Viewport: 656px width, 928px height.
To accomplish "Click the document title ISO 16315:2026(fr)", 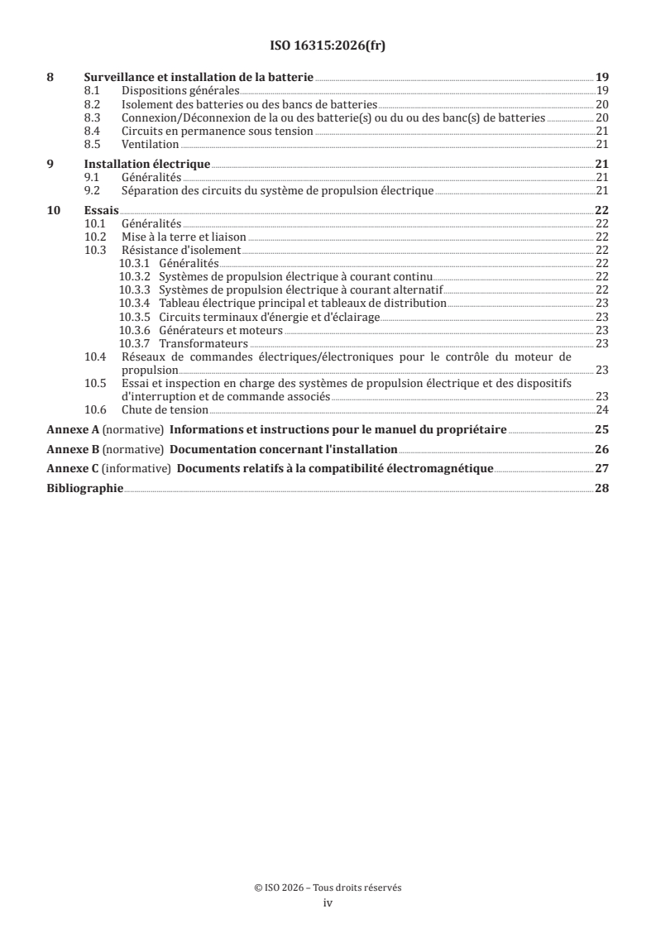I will (328, 46).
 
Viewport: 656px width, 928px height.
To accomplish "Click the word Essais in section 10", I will (101, 211).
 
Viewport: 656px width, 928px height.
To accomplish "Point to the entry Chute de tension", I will (165, 409).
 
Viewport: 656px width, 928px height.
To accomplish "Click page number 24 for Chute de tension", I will (602, 409).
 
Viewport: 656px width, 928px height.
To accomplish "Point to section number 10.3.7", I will (135, 343).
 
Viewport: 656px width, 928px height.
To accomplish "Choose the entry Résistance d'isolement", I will (181, 249).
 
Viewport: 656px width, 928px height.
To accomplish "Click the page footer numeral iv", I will (328, 904).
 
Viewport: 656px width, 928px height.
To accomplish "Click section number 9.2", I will (93, 190).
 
